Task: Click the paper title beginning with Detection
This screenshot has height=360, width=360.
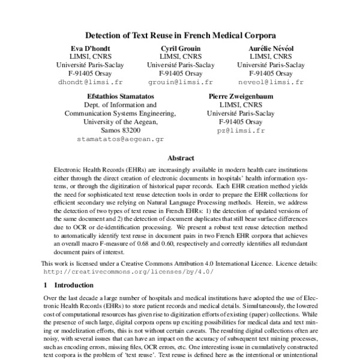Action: tap(180, 35)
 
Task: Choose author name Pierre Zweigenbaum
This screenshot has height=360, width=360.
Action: tap(237, 96)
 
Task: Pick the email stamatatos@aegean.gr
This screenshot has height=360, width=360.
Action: tap(120, 139)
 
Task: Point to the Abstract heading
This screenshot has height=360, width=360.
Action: tap(180, 158)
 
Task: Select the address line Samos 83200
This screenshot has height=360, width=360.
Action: tap(121, 130)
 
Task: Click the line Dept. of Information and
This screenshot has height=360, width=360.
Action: tap(121, 104)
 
